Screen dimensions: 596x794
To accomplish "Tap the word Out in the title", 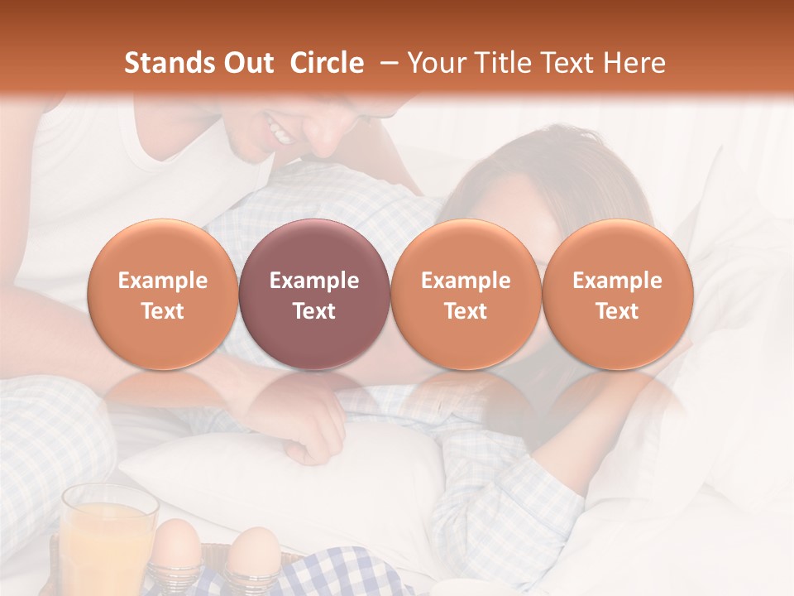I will (246, 63).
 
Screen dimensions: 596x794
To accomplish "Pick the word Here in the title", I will (636, 63).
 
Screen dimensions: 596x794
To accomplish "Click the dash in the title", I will (386, 63).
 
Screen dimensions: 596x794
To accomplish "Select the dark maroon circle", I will (314, 295).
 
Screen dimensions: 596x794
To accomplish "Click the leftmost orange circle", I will (162, 295).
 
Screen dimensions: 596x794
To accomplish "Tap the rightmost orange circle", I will (618, 295).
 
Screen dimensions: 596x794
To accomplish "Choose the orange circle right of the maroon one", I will (466, 295).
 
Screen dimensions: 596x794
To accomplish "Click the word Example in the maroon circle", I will (314, 281).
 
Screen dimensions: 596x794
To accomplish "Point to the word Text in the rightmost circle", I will (618, 311).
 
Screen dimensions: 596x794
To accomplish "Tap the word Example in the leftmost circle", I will (162, 281).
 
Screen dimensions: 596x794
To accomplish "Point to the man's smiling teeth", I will (280, 131).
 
